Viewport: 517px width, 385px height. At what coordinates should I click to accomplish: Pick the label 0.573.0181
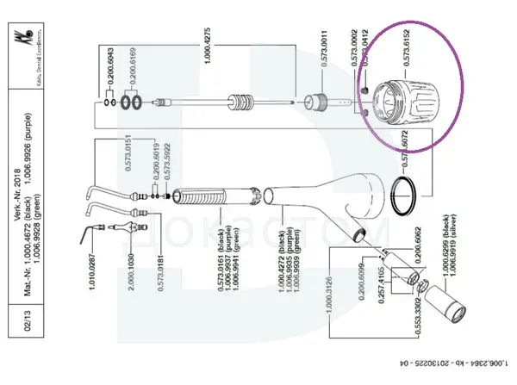coord(161,270)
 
